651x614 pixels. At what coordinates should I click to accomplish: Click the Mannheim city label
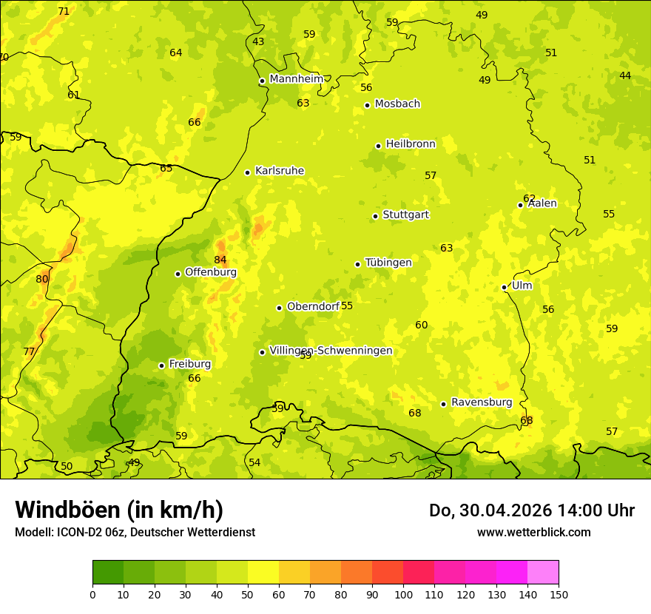[x=296, y=79]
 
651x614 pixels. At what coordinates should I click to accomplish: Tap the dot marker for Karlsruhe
[x=247, y=172]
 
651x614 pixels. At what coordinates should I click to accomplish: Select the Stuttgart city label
[x=405, y=215]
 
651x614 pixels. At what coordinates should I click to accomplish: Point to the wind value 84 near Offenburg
[x=220, y=260]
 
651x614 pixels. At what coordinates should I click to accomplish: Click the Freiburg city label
[x=189, y=364]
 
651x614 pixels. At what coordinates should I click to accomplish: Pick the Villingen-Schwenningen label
[x=331, y=351]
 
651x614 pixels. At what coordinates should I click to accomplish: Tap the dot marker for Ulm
[x=504, y=287]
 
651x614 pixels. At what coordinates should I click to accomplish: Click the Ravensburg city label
[x=482, y=402]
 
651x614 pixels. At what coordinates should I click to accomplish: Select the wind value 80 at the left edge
[x=42, y=279]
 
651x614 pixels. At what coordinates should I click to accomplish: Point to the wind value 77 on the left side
[x=29, y=351]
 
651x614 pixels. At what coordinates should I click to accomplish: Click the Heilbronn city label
[x=411, y=144]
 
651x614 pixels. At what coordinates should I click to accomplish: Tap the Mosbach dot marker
[x=367, y=105]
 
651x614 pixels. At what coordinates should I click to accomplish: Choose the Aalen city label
[x=542, y=203]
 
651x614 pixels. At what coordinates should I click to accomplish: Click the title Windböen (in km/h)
[x=119, y=510]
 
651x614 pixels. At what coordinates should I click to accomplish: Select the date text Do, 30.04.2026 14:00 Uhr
[x=531, y=510]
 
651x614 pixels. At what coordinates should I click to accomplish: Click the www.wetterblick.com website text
[x=533, y=532]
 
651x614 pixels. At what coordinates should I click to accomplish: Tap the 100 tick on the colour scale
[x=403, y=594]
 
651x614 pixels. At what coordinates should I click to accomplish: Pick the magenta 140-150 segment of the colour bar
[x=543, y=573]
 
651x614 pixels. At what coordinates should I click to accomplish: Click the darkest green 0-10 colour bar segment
[x=108, y=573]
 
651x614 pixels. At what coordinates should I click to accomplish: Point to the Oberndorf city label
[x=313, y=306]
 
